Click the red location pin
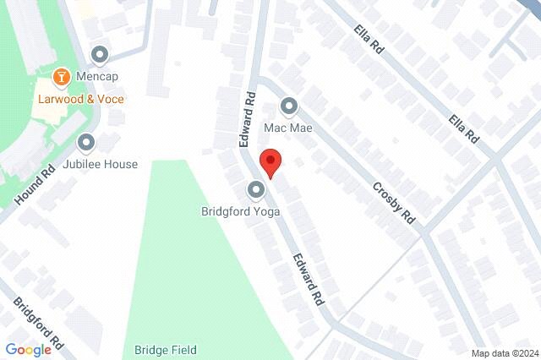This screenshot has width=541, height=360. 270,161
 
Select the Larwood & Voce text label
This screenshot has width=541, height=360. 80,99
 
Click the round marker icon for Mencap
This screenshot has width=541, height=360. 100,56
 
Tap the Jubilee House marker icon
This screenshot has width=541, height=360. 86,143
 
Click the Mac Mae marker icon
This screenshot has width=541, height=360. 289,106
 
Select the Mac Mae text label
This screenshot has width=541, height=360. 288,128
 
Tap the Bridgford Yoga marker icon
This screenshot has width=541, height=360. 255,189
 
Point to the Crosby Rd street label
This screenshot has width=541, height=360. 395,202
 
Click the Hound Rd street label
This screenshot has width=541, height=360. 35,184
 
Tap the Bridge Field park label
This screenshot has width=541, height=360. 165,350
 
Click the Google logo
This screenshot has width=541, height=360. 28,350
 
